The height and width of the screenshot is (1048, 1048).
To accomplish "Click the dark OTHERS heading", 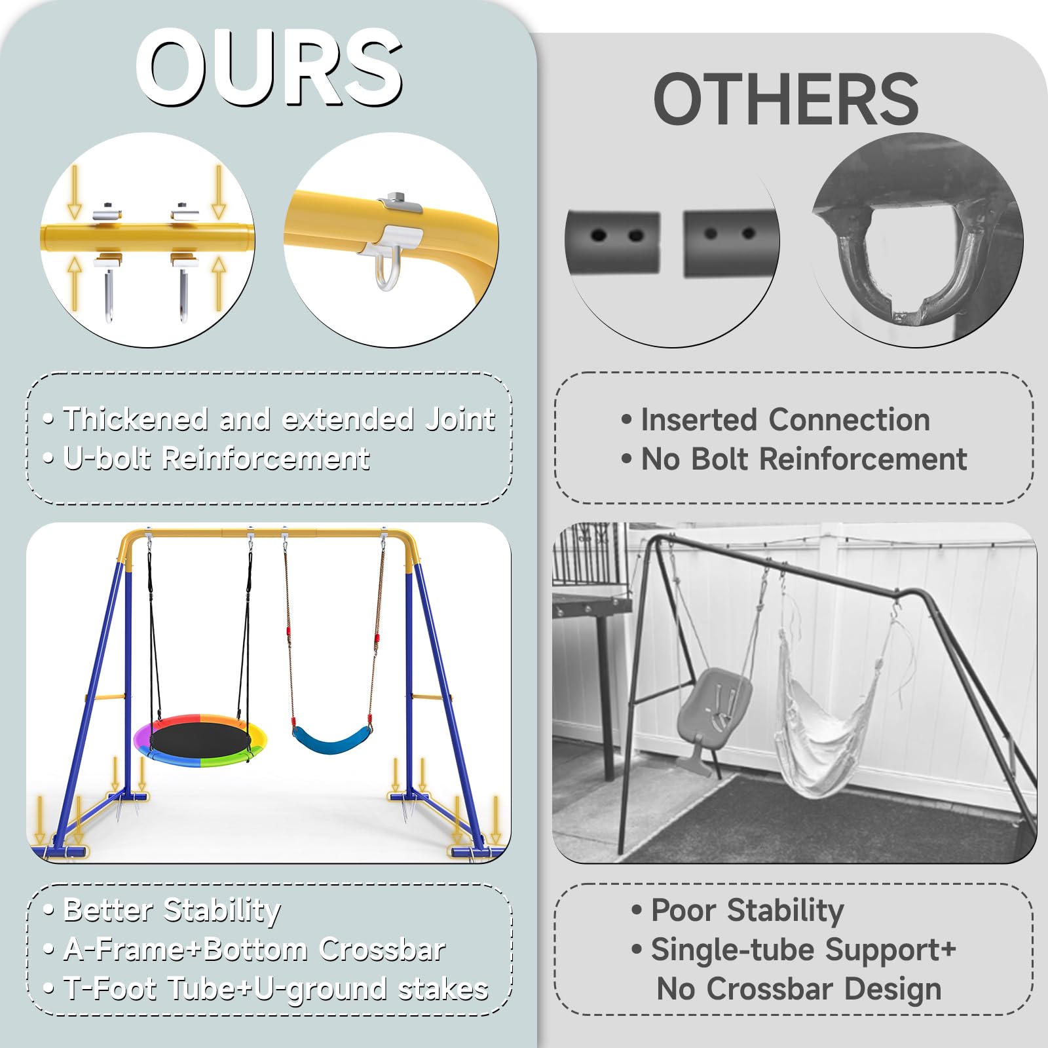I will click(786, 100).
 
